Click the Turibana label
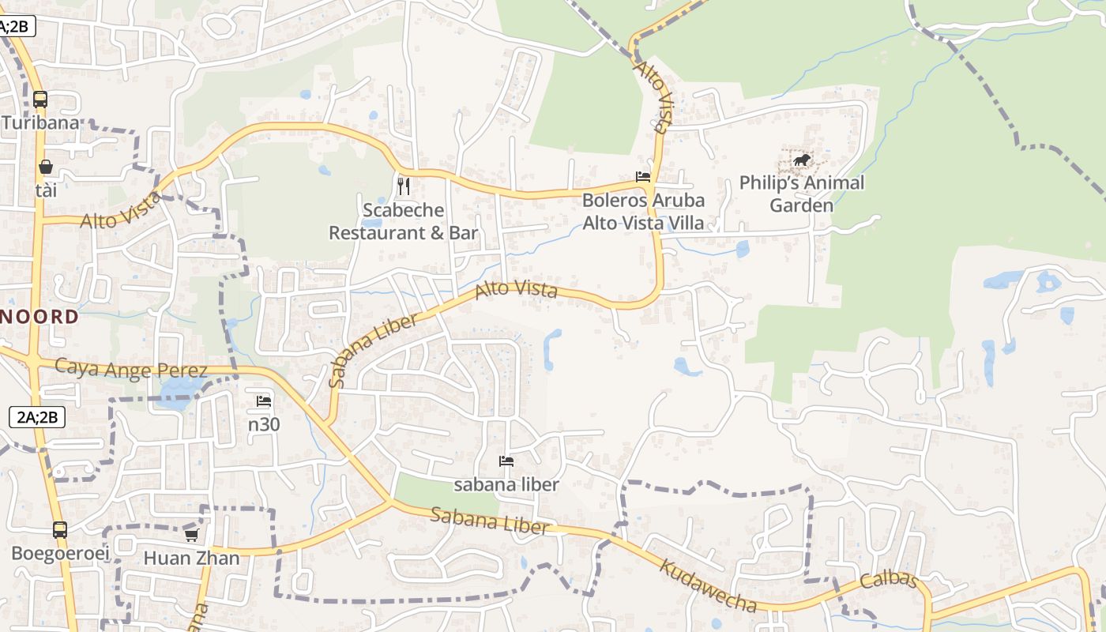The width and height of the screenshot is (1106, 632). pyautogui.click(x=40, y=123)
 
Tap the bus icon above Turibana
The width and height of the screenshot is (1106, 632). pyautogui.click(x=40, y=100)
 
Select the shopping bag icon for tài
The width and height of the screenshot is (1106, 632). pyautogui.click(x=46, y=167)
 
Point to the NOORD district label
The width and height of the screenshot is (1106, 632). pyautogui.click(x=39, y=318)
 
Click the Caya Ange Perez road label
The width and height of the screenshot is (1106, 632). pyautogui.click(x=131, y=369)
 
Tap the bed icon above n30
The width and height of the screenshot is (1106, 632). pyautogui.click(x=264, y=401)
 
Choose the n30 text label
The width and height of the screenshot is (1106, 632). pyautogui.click(x=264, y=424)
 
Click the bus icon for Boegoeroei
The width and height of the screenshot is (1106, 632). pyautogui.click(x=60, y=530)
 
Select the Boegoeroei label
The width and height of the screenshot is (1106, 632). pyautogui.click(x=60, y=553)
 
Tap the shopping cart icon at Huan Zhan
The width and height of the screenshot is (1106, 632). pyautogui.click(x=191, y=535)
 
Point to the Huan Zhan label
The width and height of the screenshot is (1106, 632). pyautogui.click(x=191, y=558)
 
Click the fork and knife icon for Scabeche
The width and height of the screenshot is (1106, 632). pyautogui.click(x=404, y=186)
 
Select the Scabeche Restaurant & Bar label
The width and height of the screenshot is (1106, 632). pyautogui.click(x=404, y=221)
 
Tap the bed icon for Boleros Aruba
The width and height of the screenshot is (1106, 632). pyautogui.click(x=643, y=177)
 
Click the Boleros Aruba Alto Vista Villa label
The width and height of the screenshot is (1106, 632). pyautogui.click(x=643, y=212)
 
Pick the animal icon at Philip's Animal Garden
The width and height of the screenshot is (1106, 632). pyautogui.click(x=802, y=160)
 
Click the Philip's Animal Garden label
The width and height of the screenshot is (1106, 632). pyautogui.click(x=802, y=194)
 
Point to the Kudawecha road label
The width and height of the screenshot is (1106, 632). pyautogui.click(x=708, y=586)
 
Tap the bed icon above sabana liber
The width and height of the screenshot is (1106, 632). pyautogui.click(x=506, y=461)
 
